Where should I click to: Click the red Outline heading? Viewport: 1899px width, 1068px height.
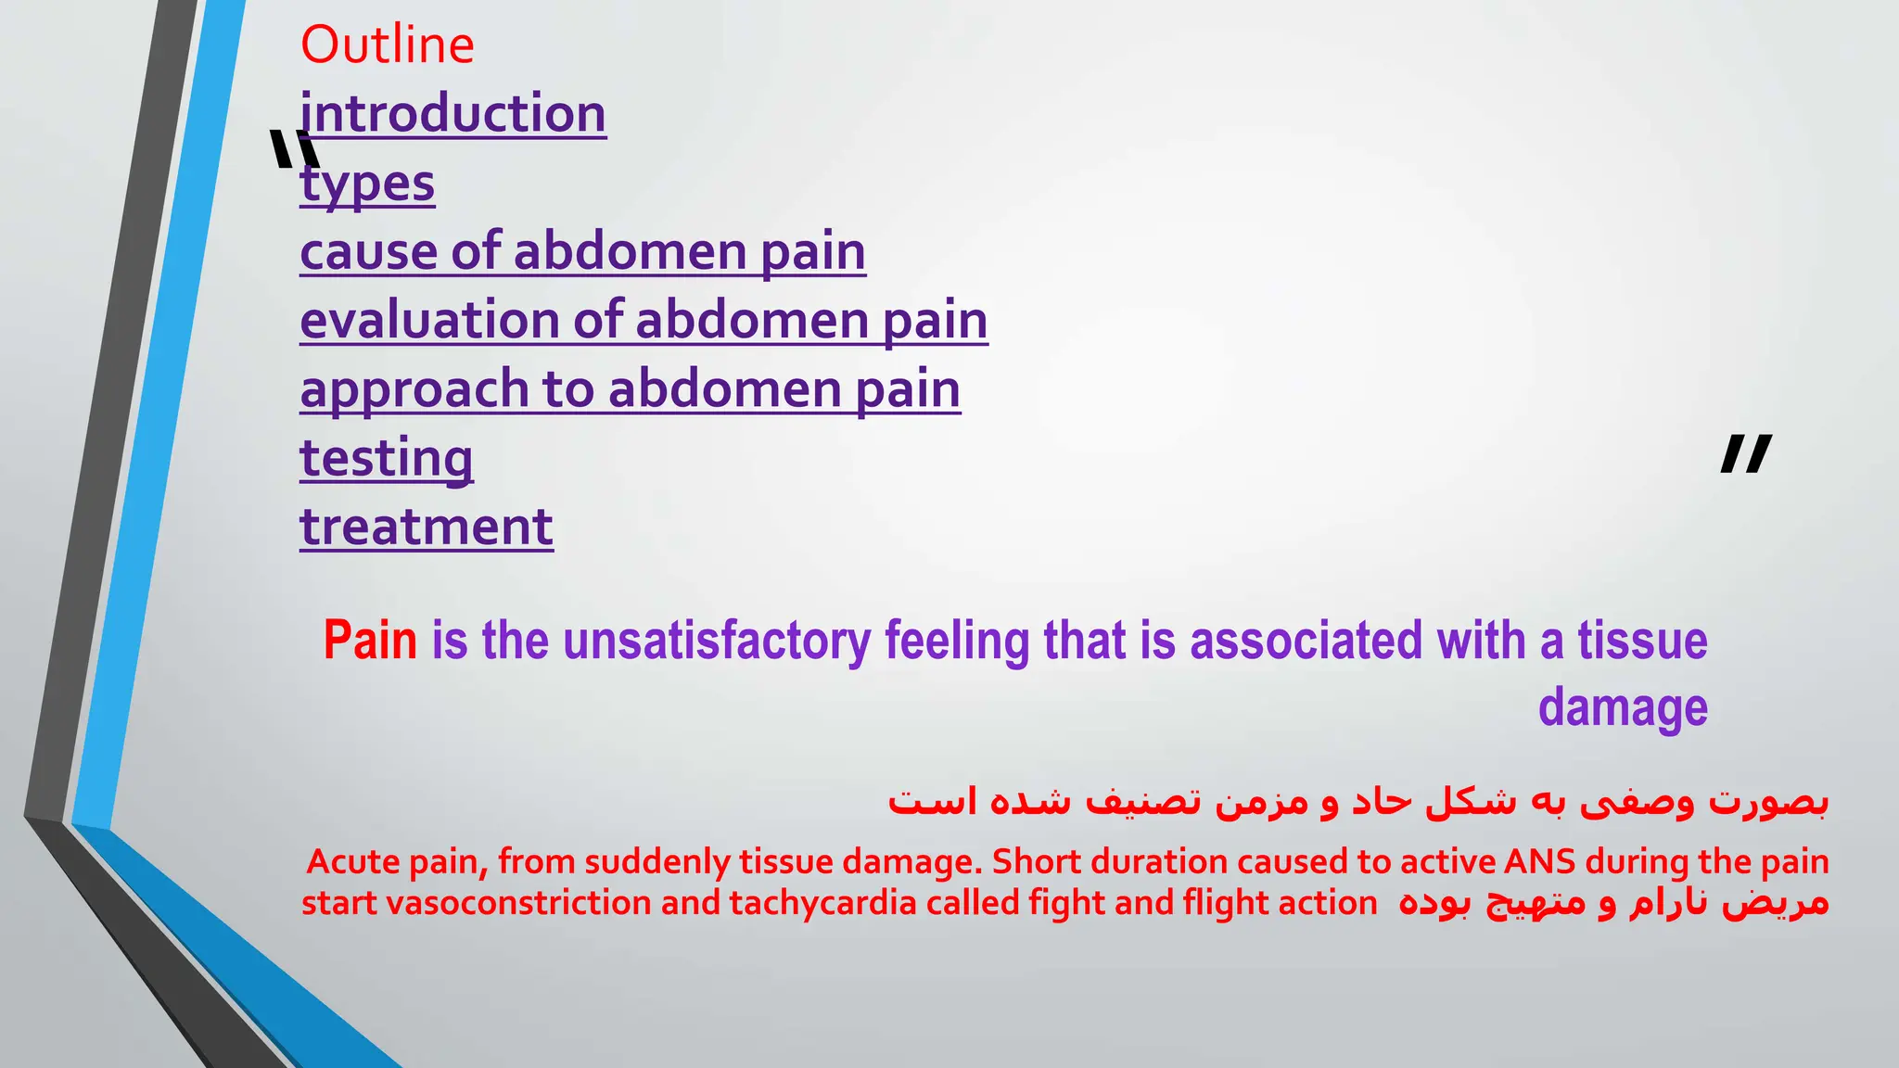pos(387,44)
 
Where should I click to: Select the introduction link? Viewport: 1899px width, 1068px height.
pos(453,114)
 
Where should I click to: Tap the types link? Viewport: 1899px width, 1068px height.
pos(368,183)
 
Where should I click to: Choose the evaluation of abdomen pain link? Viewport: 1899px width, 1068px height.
pos(644,321)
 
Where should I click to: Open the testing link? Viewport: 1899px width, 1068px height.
pos(386,458)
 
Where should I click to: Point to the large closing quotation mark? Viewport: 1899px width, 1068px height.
pos(1745,454)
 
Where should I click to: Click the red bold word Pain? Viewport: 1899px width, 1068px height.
pos(370,641)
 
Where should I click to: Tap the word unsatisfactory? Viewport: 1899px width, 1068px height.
pos(717,641)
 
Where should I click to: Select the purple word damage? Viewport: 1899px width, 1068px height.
pos(1622,708)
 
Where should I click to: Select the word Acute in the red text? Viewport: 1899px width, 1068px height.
pos(352,862)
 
